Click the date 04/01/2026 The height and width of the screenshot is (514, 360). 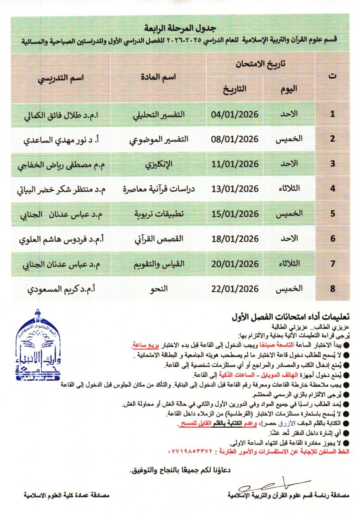(x=235, y=114)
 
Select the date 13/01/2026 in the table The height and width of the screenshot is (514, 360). (x=235, y=189)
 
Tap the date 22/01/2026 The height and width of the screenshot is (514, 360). (x=235, y=288)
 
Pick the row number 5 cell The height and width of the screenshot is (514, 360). (x=332, y=214)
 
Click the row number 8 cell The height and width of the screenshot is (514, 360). (x=332, y=288)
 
